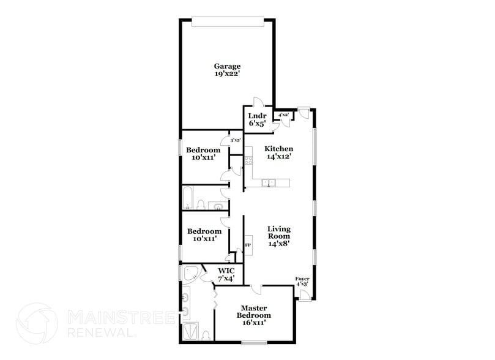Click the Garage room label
(226, 66)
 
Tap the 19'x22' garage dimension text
(226, 74)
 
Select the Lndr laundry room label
(256, 116)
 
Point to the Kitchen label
(278, 149)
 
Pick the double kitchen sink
(269, 182)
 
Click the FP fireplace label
(248, 246)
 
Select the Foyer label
(302, 279)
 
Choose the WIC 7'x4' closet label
(227, 274)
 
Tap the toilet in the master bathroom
(206, 335)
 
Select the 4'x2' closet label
(283, 114)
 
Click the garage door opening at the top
(228, 23)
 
